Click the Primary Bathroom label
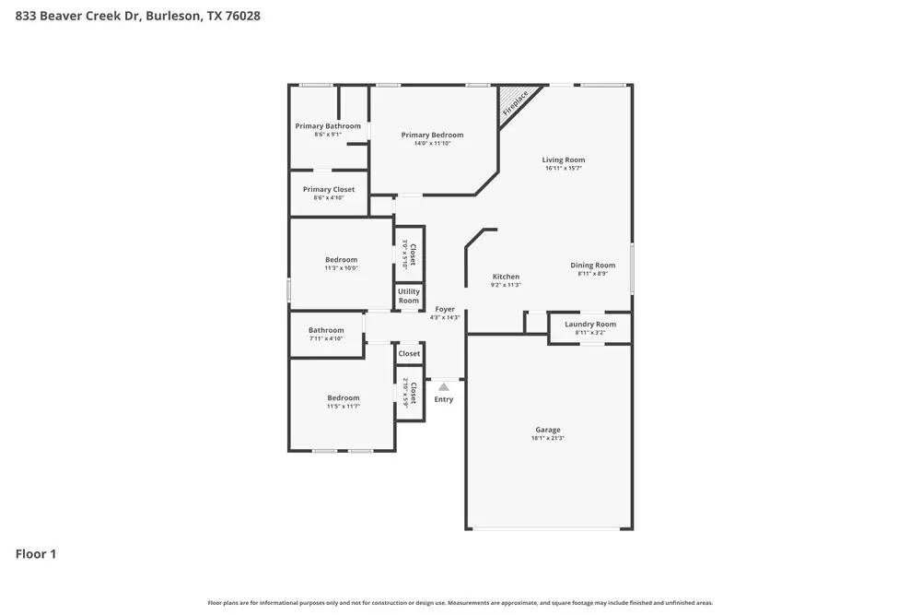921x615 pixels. (x=328, y=126)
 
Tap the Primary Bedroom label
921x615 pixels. (x=432, y=135)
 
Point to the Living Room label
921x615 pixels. (x=564, y=160)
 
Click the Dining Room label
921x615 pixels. (x=592, y=266)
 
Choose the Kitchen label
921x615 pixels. (x=506, y=277)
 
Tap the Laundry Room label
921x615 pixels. (x=590, y=325)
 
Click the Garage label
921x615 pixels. (x=548, y=430)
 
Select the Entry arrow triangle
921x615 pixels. (x=444, y=387)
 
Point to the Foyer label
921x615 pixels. (x=445, y=310)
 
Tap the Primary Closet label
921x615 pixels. (x=329, y=189)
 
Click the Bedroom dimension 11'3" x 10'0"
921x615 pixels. (x=341, y=268)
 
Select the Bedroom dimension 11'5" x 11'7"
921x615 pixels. (x=344, y=407)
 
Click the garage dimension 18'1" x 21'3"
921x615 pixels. (x=548, y=439)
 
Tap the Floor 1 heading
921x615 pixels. (x=36, y=554)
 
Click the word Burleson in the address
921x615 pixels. (x=173, y=16)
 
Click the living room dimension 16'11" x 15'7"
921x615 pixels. (x=564, y=169)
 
